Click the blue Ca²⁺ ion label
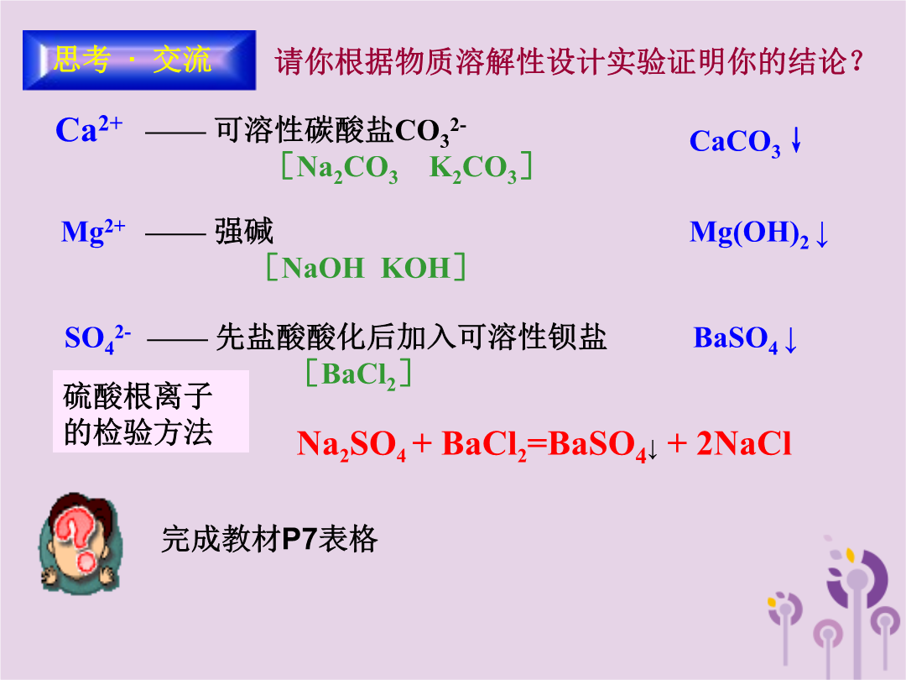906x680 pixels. [x=89, y=128]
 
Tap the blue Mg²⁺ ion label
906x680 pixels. [x=93, y=233]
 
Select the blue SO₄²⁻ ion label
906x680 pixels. [x=97, y=338]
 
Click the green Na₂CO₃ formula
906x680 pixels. [x=347, y=168]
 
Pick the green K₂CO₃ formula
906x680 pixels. [x=473, y=168]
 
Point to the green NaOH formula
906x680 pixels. [x=323, y=269]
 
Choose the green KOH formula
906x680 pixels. [x=415, y=269]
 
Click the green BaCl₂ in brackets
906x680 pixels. [x=358, y=374]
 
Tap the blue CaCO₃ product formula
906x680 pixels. [x=735, y=142]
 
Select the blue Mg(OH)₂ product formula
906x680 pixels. [x=749, y=233]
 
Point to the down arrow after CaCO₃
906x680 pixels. [x=796, y=139]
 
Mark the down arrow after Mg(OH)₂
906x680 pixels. [x=821, y=235]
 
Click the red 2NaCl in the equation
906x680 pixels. [x=743, y=443]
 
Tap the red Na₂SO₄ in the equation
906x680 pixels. [x=351, y=445]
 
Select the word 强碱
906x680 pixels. [x=244, y=232]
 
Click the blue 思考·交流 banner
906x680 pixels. [x=139, y=60]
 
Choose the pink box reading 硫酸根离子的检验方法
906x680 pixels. [x=151, y=411]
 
